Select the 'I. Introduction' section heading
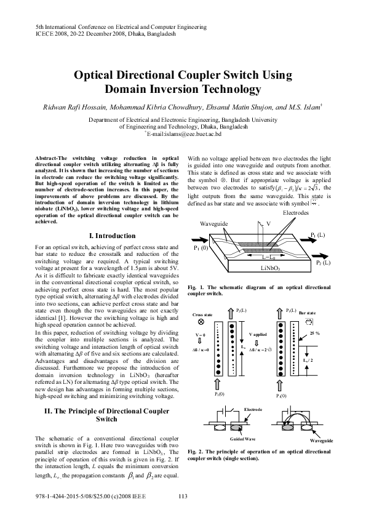pyautogui.click(x=113, y=236)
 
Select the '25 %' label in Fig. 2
pyautogui.click(x=315, y=333)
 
